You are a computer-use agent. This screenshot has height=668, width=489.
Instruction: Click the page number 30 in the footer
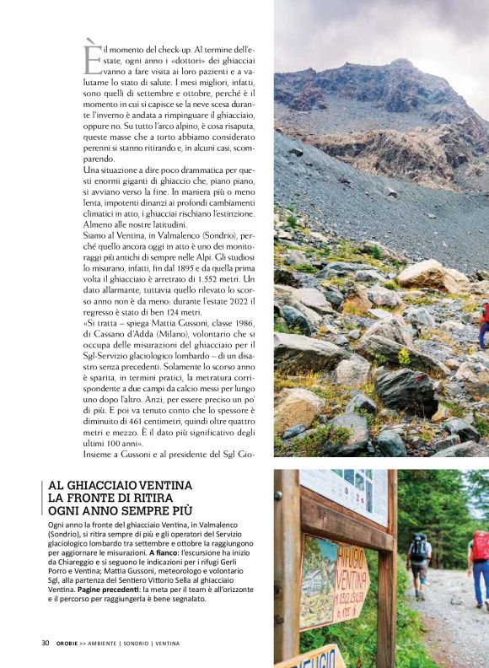(x=46, y=643)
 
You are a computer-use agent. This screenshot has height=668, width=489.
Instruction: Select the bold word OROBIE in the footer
(x=68, y=644)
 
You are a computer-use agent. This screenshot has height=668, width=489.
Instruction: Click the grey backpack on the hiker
(x=418, y=548)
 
